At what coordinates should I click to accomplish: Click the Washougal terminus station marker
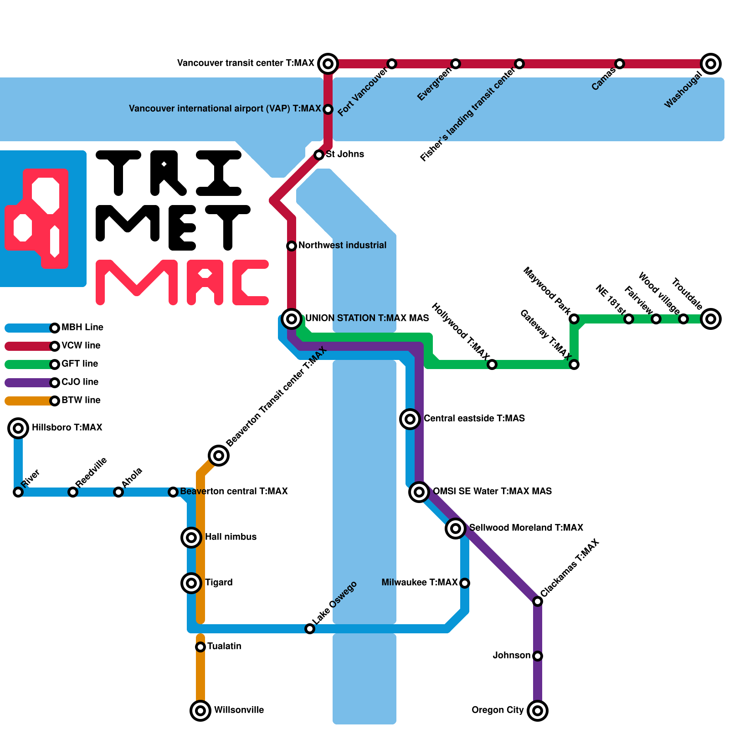[711, 64]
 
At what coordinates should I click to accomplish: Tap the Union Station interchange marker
[292, 318]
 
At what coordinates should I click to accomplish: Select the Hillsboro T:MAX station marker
[18, 428]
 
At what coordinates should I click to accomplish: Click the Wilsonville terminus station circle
[200, 710]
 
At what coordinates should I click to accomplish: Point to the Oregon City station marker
[538, 710]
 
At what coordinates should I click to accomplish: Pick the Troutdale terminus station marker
[711, 318]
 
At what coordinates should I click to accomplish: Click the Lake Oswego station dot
[310, 629]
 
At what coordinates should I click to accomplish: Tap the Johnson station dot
[538, 656]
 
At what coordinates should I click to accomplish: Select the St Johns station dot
[319, 155]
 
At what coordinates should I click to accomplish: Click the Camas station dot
[620, 64]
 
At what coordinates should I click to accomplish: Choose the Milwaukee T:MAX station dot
[465, 583]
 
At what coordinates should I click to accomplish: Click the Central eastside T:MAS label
[474, 418]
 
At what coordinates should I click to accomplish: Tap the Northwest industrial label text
[342, 245]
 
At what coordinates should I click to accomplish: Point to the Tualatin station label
[224, 646]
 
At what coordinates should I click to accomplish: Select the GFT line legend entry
[80, 364]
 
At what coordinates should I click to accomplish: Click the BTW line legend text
[81, 400]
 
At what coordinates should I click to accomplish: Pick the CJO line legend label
[80, 382]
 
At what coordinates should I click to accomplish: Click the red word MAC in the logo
[182, 282]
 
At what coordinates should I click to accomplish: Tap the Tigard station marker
[191, 583]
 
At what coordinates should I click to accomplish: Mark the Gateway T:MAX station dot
[574, 364]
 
